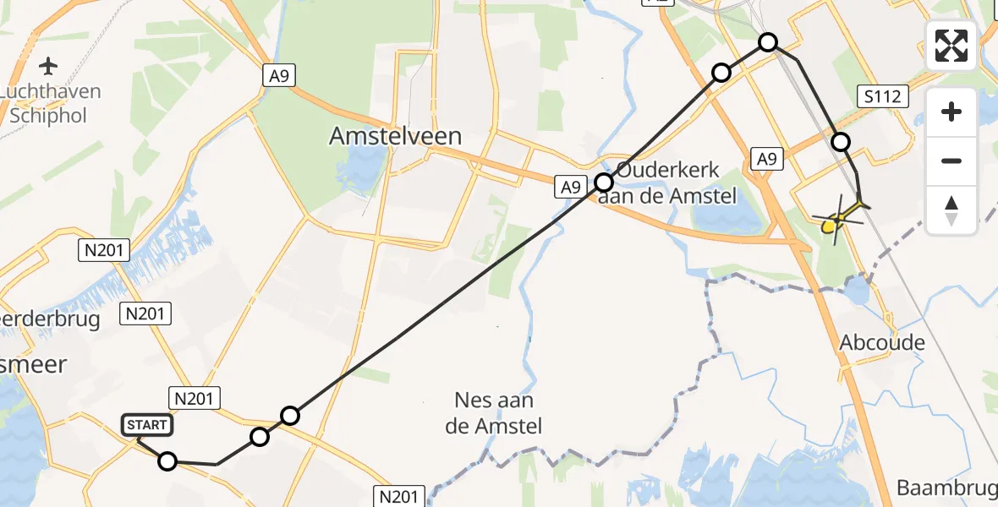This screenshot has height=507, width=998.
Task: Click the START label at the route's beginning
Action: tap(148, 425)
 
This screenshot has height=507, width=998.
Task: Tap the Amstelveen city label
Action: tap(396, 136)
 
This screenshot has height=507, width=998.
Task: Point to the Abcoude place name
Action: tap(882, 343)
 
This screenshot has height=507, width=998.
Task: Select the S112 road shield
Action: tap(883, 98)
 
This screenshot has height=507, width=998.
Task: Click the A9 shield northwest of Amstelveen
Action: tap(277, 77)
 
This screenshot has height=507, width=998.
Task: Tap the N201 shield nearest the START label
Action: tap(195, 397)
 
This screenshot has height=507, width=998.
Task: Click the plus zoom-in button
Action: tap(951, 112)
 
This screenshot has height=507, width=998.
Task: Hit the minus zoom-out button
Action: tap(951, 161)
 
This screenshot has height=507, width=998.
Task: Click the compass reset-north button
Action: tap(951, 210)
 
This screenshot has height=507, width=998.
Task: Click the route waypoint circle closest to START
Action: tap(167, 461)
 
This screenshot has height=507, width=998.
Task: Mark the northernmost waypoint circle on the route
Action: tap(767, 41)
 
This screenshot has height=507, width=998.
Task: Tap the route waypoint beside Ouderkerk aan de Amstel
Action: tap(604, 182)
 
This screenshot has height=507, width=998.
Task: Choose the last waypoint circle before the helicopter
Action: tap(841, 141)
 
